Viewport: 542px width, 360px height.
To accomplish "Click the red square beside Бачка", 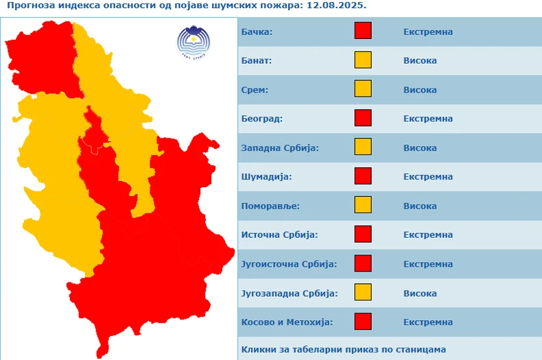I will click(363, 32).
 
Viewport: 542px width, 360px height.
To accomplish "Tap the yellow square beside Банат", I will click(363, 60).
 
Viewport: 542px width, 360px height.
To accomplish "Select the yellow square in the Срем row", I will click(363, 89).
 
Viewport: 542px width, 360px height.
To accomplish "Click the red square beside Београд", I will click(363, 119).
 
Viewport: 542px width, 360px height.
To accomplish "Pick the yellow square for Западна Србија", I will click(363, 147).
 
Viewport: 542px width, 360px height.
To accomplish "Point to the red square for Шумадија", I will click(363, 176).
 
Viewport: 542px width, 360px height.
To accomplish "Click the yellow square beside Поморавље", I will click(363, 205).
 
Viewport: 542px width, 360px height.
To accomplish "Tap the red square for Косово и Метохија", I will click(363, 321).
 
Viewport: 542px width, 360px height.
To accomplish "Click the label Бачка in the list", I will click(257, 32).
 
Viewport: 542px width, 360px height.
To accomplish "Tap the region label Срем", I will click(255, 90).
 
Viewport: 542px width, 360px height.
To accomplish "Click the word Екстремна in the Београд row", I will click(428, 119).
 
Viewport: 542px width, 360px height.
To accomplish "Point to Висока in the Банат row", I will click(420, 60).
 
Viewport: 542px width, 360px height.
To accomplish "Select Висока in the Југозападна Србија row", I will click(420, 293).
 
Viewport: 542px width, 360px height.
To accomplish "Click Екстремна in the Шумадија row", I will click(428, 176).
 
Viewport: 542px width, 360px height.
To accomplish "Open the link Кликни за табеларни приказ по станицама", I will click(344, 349).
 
